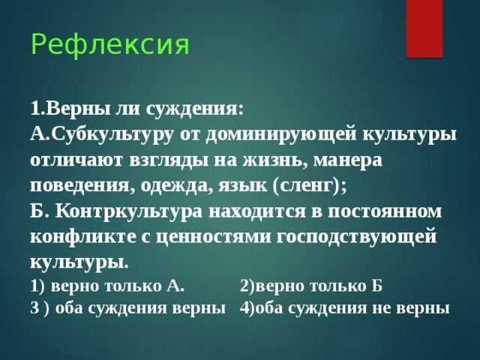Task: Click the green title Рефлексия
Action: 109,45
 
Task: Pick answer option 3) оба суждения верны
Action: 127,307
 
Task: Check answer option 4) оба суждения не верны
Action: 344,307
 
